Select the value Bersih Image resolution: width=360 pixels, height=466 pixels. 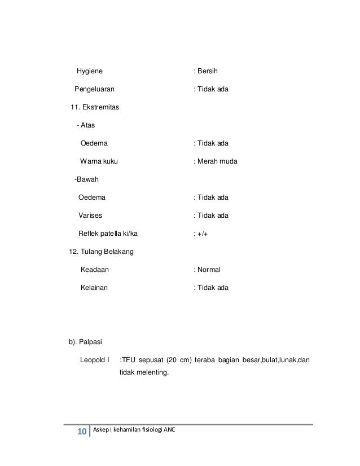(x=207, y=72)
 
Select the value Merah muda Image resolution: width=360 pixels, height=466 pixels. (x=217, y=161)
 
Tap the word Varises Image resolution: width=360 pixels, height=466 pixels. (x=90, y=216)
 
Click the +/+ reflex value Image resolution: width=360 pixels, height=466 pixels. (x=203, y=234)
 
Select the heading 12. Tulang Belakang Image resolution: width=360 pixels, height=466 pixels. (x=100, y=252)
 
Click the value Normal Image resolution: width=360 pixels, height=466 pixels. (x=209, y=270)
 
